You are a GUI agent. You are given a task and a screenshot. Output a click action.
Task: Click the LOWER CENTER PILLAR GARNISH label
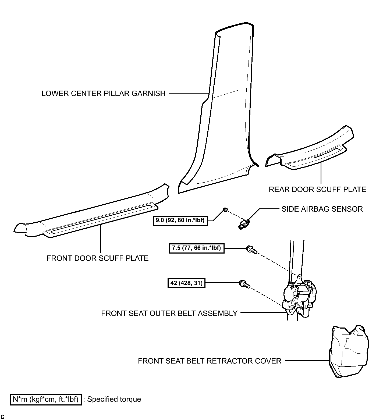tap(104, 94)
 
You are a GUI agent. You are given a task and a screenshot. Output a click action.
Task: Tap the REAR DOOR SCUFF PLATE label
tap(317, 190)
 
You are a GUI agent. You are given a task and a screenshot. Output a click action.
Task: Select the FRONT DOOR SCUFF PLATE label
tap(98, 258)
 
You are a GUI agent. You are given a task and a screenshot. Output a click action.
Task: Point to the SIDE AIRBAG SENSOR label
tap(322, 209)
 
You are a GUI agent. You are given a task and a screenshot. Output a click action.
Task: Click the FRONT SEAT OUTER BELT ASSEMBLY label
tap(169, 314)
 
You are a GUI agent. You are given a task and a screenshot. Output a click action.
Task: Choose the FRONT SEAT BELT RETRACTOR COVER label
tap(210, 361)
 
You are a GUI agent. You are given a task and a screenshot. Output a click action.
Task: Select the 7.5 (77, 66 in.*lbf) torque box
tap(197, 248)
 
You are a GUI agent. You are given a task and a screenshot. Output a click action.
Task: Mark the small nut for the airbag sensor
tap(226, 209)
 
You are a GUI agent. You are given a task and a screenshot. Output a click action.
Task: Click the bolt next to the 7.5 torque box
tap(251, 250)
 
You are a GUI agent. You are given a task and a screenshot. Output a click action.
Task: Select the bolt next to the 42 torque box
tap(244, 284)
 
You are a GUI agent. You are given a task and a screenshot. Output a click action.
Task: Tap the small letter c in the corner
tap(3, 417)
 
